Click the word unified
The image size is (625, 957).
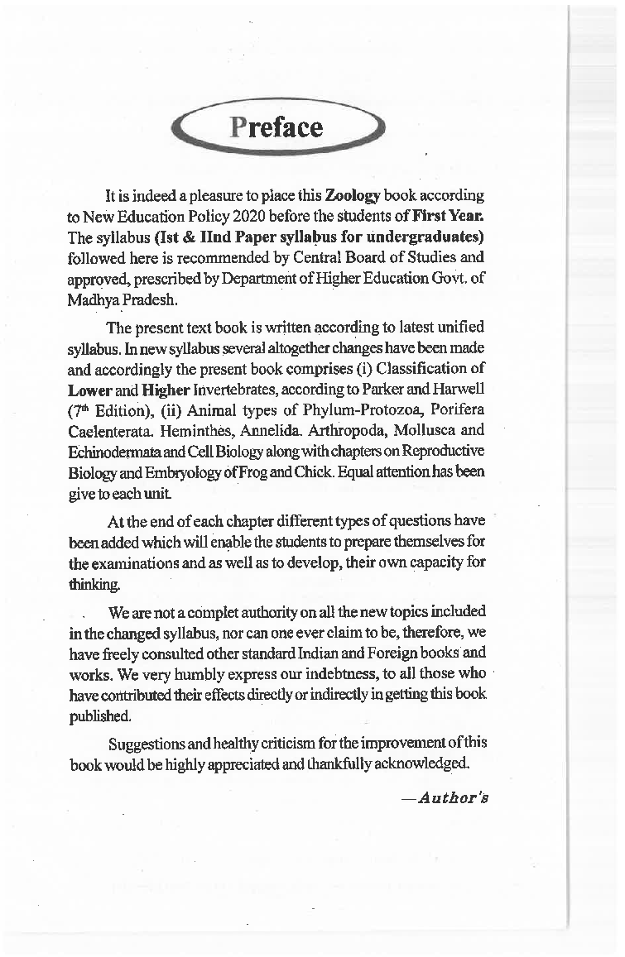click(459, 328)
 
